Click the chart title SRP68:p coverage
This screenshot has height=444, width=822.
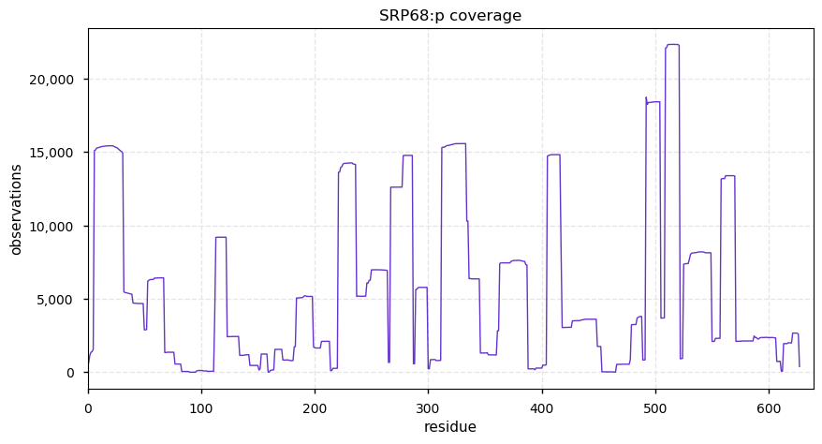(450, 16)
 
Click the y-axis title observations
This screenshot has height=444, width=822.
(16, 210)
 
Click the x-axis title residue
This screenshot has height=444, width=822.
(450, 427)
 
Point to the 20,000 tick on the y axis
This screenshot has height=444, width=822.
(52, 80)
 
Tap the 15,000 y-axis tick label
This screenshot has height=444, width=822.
(52, 153)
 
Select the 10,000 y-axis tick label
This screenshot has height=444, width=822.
(52, 227)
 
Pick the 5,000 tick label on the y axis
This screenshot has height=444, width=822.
(55, 300)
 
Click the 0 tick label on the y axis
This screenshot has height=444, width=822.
(71, 373)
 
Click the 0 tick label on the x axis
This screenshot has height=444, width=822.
(88, 409)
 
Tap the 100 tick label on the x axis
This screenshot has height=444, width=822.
(201, 409)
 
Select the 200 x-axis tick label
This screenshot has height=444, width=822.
(316, 409)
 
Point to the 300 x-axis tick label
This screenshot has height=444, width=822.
(428, 409)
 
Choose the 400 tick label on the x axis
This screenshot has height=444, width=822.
(542, 409)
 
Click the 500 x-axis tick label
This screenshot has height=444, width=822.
(655, 409)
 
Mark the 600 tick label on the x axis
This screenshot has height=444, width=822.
(769, 409)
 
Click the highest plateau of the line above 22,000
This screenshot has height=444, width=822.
(672, 45)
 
